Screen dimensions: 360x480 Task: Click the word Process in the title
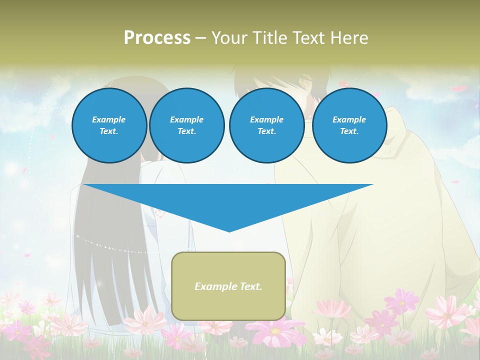click(x=157, y=38)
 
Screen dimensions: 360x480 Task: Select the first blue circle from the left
click(x=109, y=125)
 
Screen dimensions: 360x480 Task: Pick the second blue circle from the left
click(x=186, y=125)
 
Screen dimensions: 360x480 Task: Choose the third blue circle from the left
click(x=266, y=125)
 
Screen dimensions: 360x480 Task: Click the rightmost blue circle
click(x=349, y=125)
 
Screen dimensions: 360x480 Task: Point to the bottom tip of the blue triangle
click(x=229, y=231)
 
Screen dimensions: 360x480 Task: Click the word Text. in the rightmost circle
click(x=349, y=131)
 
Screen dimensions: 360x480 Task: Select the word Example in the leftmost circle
click(x=109, y=119)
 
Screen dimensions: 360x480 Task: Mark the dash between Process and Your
click(x=201, y=38)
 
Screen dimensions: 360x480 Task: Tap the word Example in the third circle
click(x=266, y=119)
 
